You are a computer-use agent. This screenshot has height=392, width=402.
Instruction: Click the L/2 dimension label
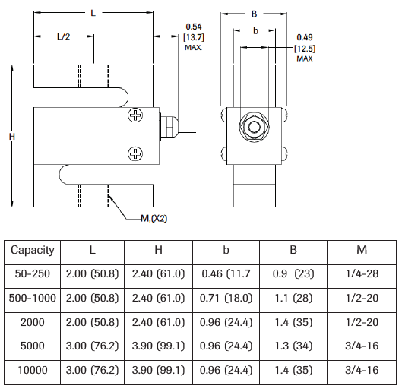(65, 36)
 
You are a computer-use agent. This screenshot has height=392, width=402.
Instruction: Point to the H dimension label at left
(11, 136)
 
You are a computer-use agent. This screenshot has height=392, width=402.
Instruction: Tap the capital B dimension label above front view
(255, 13)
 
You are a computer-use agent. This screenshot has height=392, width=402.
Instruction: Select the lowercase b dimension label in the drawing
(255, 30)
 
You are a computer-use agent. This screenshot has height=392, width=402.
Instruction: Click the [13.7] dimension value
(194, 36)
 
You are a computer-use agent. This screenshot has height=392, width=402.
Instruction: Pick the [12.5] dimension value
(305, 49)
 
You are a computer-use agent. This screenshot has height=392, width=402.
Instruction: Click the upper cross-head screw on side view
(135, 116)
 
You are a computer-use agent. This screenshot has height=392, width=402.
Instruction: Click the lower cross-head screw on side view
(135, 154)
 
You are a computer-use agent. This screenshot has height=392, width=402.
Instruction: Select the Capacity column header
(33, 250)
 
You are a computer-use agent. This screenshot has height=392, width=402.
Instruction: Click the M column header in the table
(361, 250)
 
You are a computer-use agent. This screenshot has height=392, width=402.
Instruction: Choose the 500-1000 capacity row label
(33, 298)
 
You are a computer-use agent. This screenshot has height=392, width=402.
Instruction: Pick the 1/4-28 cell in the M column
(361, 273)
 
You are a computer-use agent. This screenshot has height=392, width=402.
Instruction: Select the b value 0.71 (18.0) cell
(226, 298)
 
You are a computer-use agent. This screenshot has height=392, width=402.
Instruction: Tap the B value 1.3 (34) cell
(293, 346)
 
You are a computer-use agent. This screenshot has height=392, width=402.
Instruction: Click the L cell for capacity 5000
(93, 346)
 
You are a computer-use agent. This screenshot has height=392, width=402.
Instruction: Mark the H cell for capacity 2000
(160, 321)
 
